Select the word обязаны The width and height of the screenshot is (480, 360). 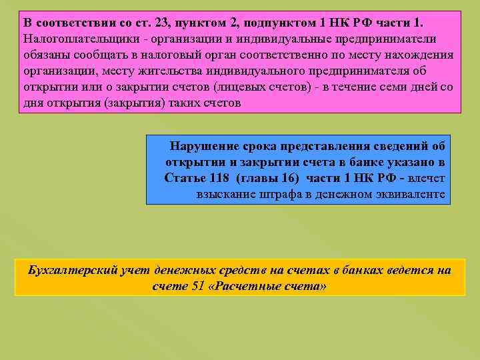click(45, 55)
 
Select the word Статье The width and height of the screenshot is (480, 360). click(186, 178)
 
